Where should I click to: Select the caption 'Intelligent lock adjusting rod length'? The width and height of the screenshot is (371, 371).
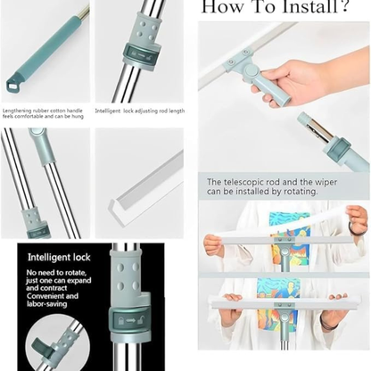tap(140, 111)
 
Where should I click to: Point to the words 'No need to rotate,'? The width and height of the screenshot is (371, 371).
tap(55, 271)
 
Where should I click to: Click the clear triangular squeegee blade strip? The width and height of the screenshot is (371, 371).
tap(143, 186)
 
